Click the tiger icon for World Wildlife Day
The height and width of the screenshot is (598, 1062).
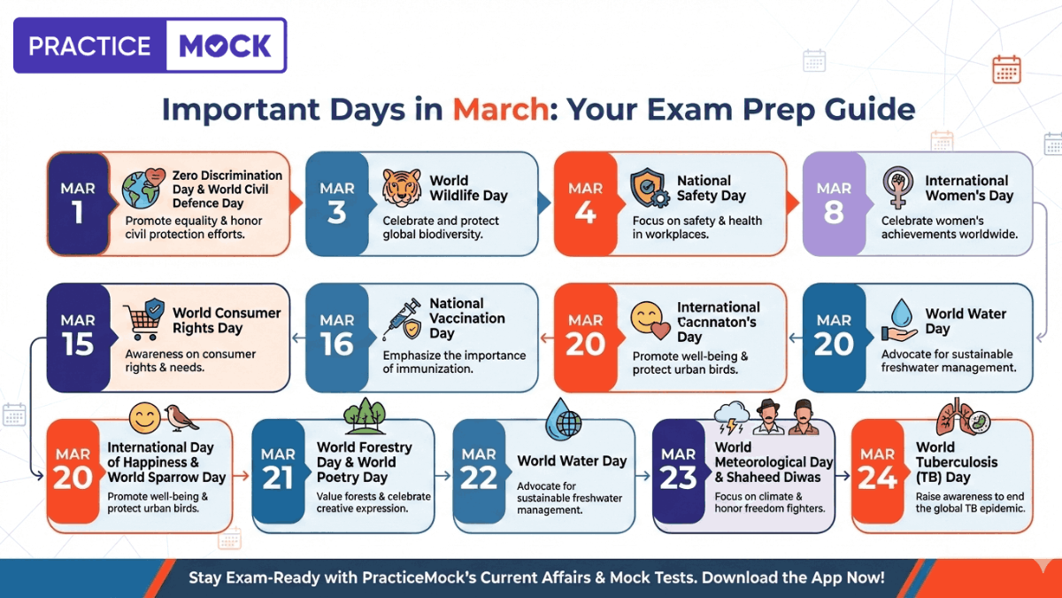coord(401,188)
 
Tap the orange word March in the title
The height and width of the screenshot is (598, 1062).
coord(499,109)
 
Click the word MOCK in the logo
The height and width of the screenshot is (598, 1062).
coord(225,45)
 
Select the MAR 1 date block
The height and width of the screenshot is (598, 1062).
coord(77,203)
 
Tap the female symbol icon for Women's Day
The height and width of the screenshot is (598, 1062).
coord(897,188)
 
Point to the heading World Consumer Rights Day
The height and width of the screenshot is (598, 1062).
coord(227,320)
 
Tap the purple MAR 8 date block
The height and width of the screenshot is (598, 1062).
coord(834,203)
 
